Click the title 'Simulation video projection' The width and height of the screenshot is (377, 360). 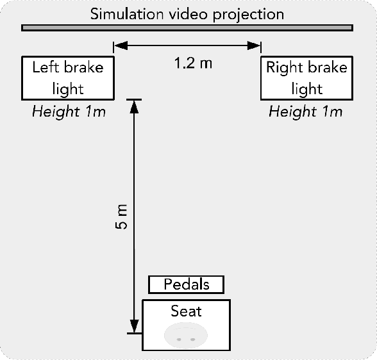187,13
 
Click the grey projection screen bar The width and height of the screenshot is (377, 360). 187,28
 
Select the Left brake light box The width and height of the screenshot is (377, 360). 68,78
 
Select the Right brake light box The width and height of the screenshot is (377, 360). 306,78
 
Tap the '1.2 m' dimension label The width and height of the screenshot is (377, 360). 193,63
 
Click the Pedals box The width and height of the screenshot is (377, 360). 187,284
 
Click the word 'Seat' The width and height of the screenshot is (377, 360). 186,311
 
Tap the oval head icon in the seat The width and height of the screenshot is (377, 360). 186,336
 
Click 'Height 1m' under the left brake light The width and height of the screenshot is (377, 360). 68,112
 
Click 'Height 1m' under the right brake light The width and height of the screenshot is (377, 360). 305,112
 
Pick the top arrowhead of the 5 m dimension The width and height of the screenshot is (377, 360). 134,105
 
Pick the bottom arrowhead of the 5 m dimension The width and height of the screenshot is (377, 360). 134,327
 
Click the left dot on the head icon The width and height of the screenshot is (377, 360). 180,338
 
